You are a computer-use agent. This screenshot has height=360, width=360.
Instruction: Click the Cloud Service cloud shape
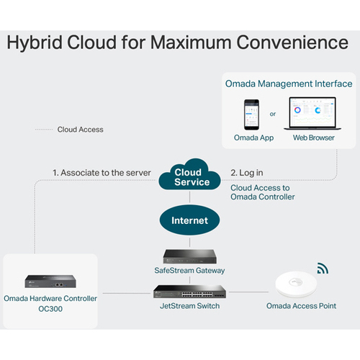click(x=189, y=175)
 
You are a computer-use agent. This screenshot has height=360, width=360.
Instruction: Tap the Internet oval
click(x=189, y=220)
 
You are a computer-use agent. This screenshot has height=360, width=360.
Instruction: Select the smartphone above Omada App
click(x=251, y=114)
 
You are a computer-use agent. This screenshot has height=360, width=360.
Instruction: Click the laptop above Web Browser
click(x=312, y=114)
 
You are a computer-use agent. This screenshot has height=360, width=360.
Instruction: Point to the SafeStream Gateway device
click(x=189, y=256)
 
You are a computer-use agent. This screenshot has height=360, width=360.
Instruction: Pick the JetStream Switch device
click(x=189, y=292)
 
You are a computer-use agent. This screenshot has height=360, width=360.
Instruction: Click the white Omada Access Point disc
click(x=296, y=284)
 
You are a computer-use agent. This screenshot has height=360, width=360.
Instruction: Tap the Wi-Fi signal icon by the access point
click(x=323, y=269)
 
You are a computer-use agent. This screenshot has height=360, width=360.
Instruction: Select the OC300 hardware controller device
click(x=50, y=282)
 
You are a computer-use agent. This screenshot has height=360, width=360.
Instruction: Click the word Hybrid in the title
click(x=35, y=42)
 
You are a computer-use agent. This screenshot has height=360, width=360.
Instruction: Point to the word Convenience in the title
click(x=292, y=42)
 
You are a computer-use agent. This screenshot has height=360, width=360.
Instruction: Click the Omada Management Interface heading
click(x=289, y=84)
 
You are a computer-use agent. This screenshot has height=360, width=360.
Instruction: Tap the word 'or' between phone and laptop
click(x=273, y=114)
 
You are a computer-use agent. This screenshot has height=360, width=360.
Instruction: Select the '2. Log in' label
click(x=247, y=173)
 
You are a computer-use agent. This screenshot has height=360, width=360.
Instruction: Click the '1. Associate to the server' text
click(x=102, y=173)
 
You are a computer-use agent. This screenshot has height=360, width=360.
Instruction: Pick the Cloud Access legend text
click(x=80, y=130)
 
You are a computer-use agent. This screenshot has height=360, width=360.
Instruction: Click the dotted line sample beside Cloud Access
click(x=44, y=130)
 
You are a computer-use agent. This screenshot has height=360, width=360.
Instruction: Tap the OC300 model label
click(x=50, y=309)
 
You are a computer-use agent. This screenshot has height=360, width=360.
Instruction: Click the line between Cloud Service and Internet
click(x=190, y=197)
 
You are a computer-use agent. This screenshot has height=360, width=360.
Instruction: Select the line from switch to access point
click(x=248, y=292)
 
